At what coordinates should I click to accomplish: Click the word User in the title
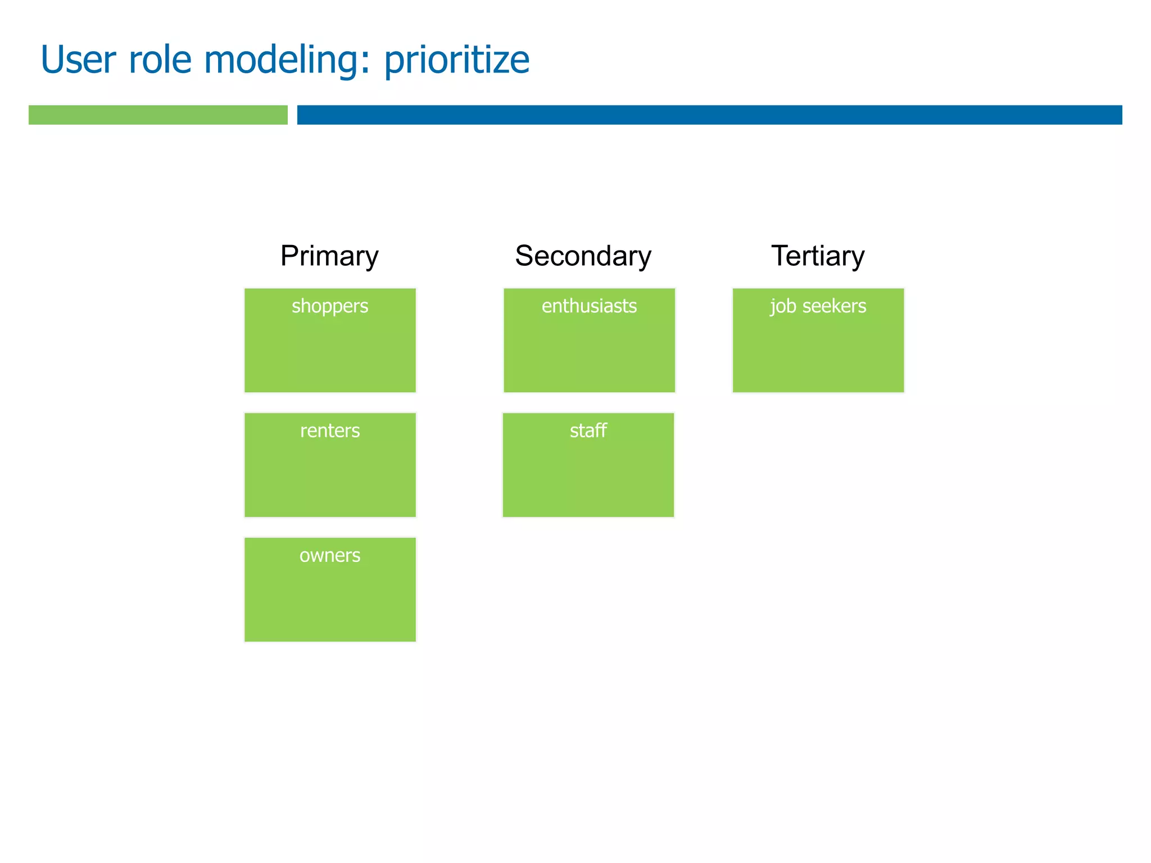[x=78, y=60]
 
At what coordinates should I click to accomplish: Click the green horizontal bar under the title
[x=158, y=115]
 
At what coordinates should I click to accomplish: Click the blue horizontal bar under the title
[x=709, y=115]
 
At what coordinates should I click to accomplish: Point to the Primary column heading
[x=329, y=256]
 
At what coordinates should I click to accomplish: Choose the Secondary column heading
[x=583, y=256]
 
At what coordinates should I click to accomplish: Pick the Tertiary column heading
[x=818, y=256]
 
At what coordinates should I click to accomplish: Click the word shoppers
[x=330, y=307]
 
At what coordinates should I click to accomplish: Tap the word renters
[x=330, y=431]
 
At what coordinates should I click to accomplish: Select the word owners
[x=330, y=556]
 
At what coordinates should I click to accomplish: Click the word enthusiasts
[x=589, y=306]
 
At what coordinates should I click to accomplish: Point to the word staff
[x=588, y=431]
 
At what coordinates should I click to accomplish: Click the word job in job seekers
[x=783, y=307]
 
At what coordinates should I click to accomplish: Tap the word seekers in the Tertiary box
[x=834, y=306]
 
